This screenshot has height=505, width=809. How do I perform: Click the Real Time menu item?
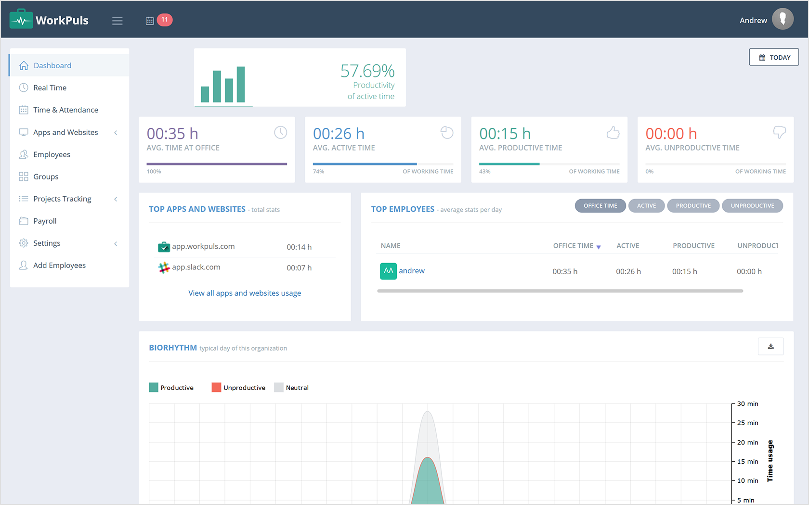(50, 88)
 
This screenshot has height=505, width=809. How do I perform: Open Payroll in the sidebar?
(45, 221)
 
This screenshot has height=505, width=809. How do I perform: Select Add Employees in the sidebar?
(59, 265)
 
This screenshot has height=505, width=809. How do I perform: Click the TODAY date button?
(774, 57)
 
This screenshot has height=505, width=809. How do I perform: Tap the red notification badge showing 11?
(165, 20)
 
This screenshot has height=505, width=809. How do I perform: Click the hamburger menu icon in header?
(117, 21)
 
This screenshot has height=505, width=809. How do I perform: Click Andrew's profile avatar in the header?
(783, 19)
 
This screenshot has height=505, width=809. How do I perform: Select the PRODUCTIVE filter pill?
(693, 206)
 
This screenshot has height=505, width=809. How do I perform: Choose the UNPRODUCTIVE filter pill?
(752, 206)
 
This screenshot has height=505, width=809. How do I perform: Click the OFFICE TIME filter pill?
(600, 206)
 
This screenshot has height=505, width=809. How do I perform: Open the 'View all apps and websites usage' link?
(245, 293)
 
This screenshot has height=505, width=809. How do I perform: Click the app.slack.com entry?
(196, 267)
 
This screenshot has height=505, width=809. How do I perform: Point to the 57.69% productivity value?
(367, 71)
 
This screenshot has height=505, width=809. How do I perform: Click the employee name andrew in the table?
(412, 271)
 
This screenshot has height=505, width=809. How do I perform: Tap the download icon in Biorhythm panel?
(770, 346)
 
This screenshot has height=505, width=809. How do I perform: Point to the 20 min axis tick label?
(747, 442)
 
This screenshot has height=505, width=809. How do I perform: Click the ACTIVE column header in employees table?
(628, 246)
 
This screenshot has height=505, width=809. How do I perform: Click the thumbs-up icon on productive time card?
(613, 132)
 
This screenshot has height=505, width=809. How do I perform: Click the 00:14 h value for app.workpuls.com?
(299, 247)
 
